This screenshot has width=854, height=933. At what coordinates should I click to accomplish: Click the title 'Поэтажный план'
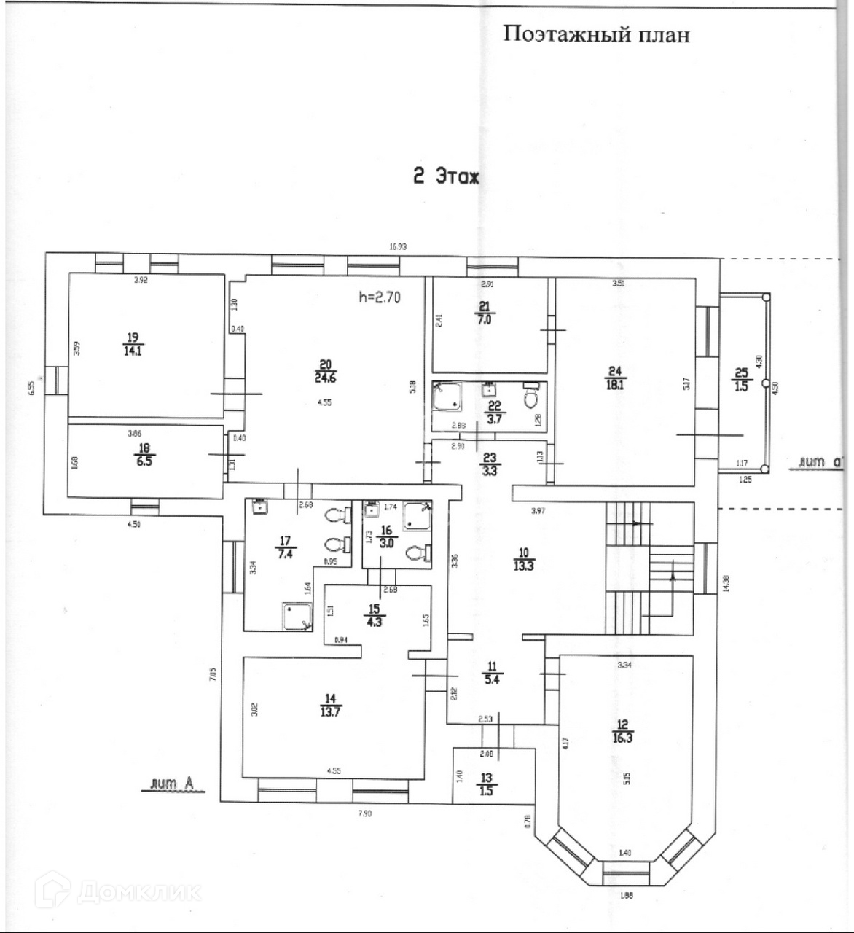click(595, 34)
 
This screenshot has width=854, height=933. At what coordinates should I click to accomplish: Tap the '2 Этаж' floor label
click(446, 176)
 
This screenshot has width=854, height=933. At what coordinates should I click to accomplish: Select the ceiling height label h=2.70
click(380, 297)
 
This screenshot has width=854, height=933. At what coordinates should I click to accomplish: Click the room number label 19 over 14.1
click(133, 343)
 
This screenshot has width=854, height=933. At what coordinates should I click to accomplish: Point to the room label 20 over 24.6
click(325, 371)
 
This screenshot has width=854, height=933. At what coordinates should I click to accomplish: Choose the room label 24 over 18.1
click(614, 378)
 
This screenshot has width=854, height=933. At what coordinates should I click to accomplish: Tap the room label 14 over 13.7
click(330, 706)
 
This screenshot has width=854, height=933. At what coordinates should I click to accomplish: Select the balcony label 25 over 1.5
click(741, 379)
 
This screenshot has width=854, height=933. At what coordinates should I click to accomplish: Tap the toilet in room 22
click(532, 397)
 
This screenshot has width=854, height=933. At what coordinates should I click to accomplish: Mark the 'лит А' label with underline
click(172, 785)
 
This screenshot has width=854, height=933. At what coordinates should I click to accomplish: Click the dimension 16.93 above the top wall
click(398, 246)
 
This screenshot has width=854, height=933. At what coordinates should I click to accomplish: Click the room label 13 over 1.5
click(486, 784)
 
